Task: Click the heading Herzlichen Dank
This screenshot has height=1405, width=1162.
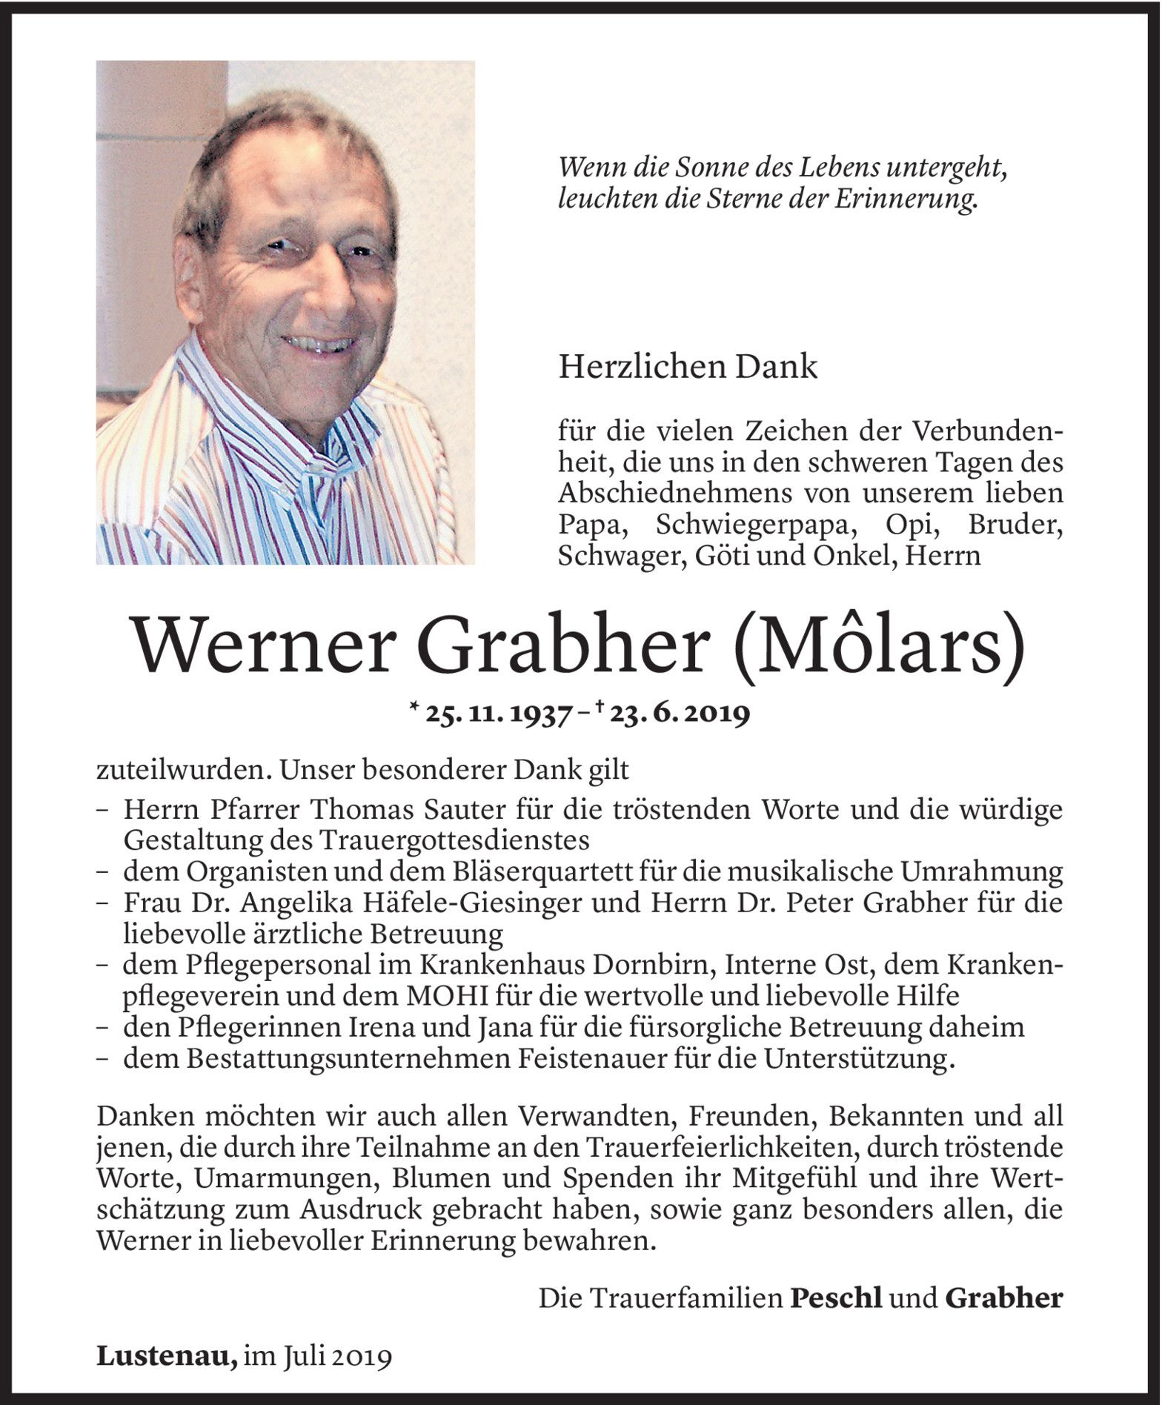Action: (688, 367)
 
